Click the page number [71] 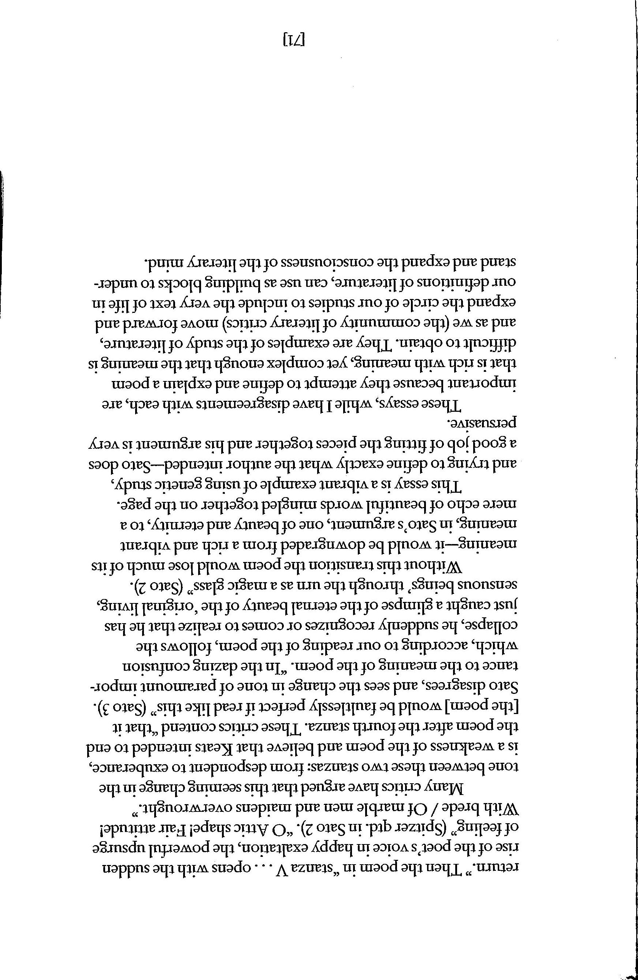[295, 40]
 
